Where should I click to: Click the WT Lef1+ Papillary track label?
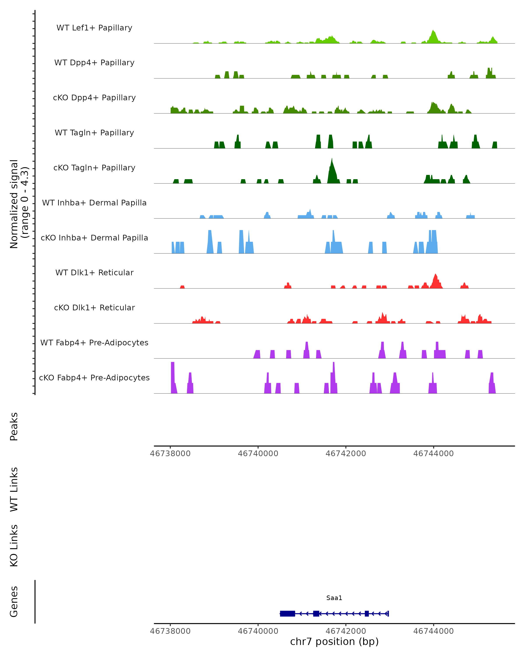(94, 28)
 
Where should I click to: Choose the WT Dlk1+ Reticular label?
(94, 272)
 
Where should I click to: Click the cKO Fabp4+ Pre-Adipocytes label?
(94, 378)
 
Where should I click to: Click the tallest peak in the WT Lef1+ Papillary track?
(433, 31)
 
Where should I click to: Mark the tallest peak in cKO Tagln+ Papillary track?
(332, 160)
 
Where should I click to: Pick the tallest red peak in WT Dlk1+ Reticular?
(436, 275)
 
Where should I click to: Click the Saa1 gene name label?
(334, 598)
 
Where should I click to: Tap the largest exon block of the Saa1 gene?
(287, 613)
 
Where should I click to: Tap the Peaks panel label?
(14, 427)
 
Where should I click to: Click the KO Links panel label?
(14, 546)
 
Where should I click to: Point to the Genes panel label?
(14, 602)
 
